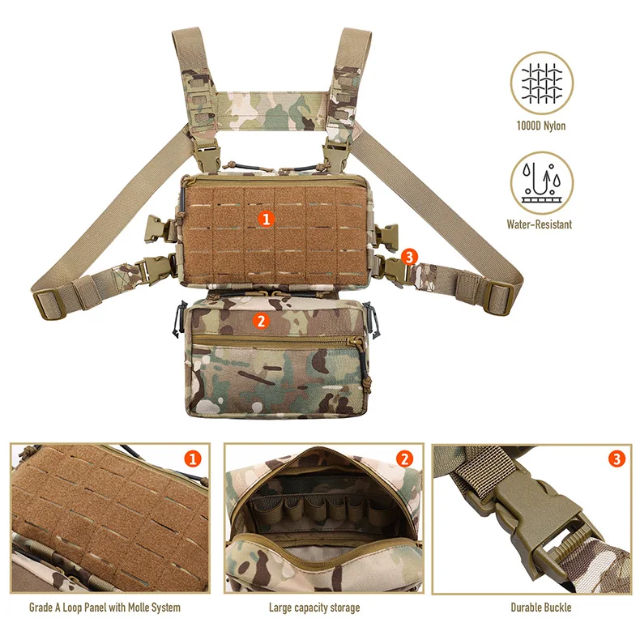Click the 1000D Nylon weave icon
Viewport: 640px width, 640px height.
[x=542, y=83]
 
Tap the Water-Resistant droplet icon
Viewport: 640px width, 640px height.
[x=542, y=183]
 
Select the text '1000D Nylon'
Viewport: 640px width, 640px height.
[x=541, y=126]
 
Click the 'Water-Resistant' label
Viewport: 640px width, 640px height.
[x=540, y=224]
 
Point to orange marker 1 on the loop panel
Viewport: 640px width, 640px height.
[x=266, y=220]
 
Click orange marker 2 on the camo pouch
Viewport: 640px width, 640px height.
[x=261, y=321]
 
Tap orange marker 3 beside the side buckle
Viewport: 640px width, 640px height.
[x=409, y=257]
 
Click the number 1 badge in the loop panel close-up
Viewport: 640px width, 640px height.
[x=193, y=459]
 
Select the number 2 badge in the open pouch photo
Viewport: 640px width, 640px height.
[x=404, y=459]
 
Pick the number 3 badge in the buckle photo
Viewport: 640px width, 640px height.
[x=617, y=459]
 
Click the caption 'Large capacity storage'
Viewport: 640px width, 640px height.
[x=314, y=608]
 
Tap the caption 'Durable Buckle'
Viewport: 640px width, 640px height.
[x=541, y=608]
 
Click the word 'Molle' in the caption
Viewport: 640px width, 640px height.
[x=139, y=608]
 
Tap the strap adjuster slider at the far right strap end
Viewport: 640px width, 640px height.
[x=498, y=298]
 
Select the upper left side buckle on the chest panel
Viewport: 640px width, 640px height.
[x=161, y=228]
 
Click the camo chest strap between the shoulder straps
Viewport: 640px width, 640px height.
[x=273, y=111]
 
